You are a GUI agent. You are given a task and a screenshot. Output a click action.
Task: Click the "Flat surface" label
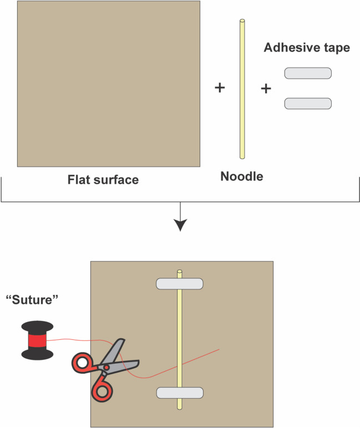(x=103, y=180)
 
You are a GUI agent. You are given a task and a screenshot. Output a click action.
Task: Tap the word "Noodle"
(x=242, y=177)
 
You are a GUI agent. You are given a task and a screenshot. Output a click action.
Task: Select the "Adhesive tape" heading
(x=307, y=48)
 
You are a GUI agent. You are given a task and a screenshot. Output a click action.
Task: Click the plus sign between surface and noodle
(x=220, y=88)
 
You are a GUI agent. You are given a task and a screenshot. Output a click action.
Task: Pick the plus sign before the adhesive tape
(x=266, y=88)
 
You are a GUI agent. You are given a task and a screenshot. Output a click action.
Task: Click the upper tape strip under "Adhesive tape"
(x=308, y=73)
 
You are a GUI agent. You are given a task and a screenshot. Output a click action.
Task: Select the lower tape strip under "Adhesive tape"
(x=308, y=104)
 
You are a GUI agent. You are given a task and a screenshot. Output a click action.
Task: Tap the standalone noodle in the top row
(x=242, y=89)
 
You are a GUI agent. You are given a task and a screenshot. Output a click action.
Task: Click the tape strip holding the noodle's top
(x=179, y=284)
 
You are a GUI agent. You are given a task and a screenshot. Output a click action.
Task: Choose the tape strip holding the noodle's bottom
(x=179, y=393)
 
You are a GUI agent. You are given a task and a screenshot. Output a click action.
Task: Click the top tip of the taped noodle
(x=179, y=272)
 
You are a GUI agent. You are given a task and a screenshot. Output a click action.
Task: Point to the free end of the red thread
(x=221, y=349)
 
